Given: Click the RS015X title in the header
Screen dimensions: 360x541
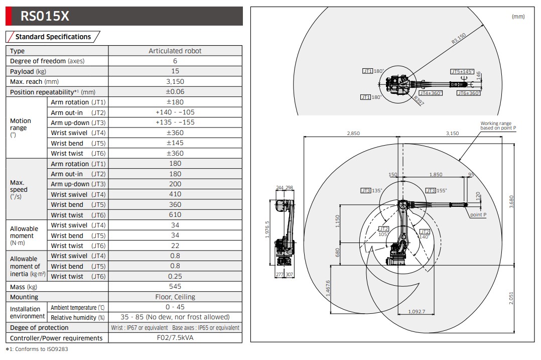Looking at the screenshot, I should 45,17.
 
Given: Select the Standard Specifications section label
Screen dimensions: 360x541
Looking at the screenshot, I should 53,37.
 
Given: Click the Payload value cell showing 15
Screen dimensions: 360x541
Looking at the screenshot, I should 175,71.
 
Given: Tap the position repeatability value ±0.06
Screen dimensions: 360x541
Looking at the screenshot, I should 175,92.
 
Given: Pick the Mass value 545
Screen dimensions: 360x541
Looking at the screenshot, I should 175,287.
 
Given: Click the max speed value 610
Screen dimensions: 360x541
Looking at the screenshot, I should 175,215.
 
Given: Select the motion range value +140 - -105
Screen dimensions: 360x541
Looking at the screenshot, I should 175,112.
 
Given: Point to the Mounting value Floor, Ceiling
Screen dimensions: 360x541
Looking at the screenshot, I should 175,297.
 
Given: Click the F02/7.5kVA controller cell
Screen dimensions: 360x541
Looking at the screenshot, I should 175,338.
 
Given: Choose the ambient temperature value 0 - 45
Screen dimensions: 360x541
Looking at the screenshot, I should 175,307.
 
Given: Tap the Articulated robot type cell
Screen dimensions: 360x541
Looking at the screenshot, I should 175,51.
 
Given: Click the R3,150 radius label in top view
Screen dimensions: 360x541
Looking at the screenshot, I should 459,38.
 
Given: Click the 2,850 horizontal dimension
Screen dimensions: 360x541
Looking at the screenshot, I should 353,134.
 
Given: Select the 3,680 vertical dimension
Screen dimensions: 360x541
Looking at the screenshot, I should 511,201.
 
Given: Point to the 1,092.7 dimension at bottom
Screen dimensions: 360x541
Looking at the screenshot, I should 417,312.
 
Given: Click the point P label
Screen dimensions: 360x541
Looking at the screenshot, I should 478,215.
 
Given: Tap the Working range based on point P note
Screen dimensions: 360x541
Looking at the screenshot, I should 498,126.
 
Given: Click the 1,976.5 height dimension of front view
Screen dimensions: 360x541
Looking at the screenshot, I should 267,230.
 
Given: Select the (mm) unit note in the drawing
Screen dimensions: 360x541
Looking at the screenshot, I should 517,17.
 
